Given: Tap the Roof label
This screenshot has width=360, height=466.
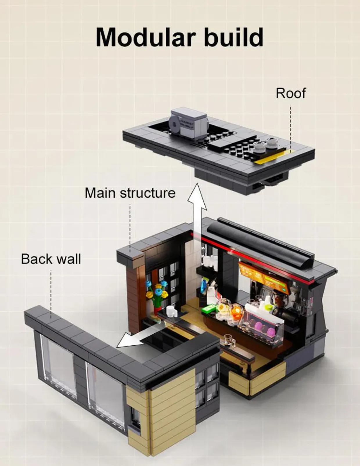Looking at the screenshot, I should click(291, 93).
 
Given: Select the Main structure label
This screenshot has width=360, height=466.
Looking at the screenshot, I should click(130, 193).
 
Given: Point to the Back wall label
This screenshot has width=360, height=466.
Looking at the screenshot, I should click(51, 259).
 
